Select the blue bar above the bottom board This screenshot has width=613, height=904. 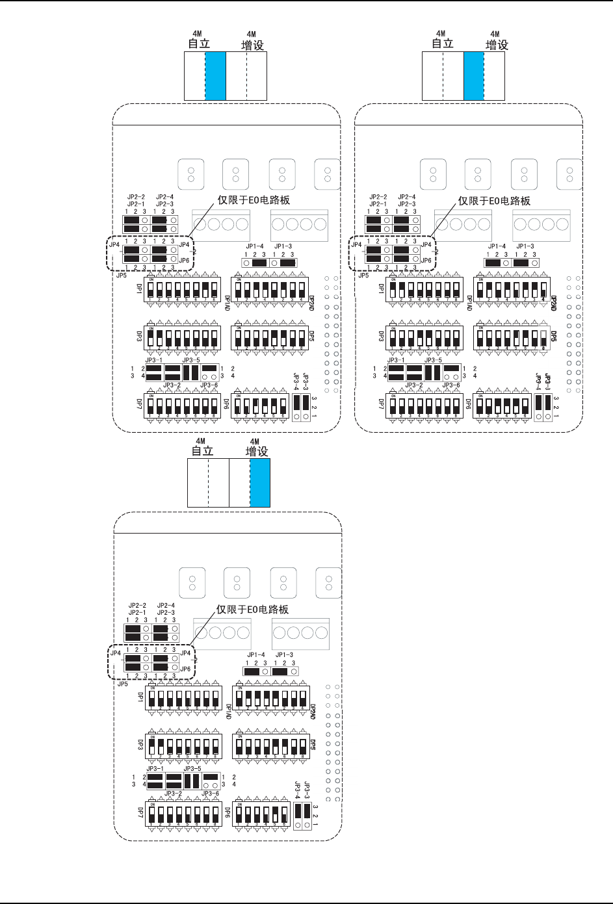(x=260, y=482)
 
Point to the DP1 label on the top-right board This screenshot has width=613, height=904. (x=382, y=289)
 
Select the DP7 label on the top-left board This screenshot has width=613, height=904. (x=139, y=404)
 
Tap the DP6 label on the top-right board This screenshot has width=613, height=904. (x=467, y=404)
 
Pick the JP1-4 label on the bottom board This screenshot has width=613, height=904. (x=255, y=655)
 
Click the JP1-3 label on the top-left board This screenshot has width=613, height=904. (x=283, y=247)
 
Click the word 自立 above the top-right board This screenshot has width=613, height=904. (x=442, y=44)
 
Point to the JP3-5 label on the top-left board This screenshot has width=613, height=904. (x=192, y=360)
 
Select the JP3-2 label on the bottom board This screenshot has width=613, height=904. (x=172, y=794)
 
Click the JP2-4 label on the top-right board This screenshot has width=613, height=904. (x=406, y=196)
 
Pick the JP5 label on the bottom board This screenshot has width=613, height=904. (x=122, y=684)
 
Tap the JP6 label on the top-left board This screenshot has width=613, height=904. (x=185, y=260)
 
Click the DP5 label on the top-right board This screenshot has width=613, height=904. (x=554, y=336)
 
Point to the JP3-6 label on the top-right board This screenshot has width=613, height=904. (x=451, y=385)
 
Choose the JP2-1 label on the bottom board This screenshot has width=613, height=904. (x=137, y=613)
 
